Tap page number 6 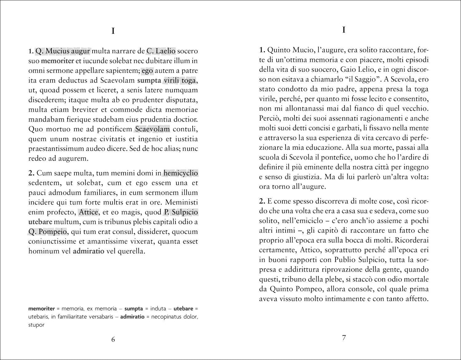[113, 339]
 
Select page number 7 [344, 338]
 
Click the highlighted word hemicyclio [181, 173]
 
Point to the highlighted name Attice [89, 212]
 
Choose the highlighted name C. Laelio [161, 51]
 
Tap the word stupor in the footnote [36, 325]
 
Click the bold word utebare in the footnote [183, 309]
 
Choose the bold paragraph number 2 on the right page [262, 201]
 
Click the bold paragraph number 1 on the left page [30, 51]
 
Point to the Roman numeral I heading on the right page [344, 30]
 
